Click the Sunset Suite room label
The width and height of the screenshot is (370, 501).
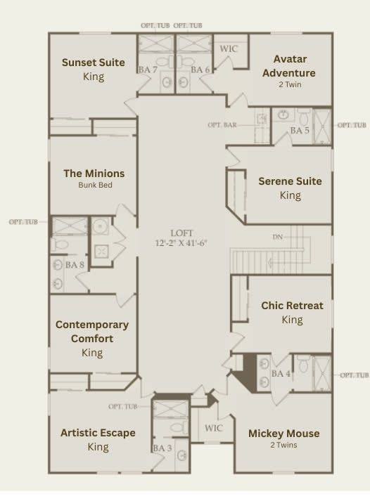tap(93, 63)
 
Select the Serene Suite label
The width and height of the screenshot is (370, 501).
tap(290, 181)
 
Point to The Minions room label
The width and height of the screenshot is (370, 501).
tap(94, 173)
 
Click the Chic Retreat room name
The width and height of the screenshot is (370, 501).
tap(292, 306)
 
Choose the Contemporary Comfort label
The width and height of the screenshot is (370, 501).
tap(92, 332)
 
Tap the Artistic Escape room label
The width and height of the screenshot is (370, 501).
tap(98, 433)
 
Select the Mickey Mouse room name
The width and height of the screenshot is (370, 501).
tap(283, 433)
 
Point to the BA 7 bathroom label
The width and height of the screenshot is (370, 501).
tap(148, 70)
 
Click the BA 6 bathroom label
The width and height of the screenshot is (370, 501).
tap(200, 70)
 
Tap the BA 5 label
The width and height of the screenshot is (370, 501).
tap(300, 131)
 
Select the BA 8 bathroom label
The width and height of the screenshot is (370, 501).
tap(75, 265)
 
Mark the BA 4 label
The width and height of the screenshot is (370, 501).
tap(281, 374)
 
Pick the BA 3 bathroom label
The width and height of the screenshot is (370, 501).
tap(162, 448)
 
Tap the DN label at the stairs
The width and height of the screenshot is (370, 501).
tap(278, 237)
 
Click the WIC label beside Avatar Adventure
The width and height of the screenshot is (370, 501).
tap(229, 48)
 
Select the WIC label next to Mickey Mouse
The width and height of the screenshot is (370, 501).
tap(213, 428)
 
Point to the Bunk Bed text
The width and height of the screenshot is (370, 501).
tap(95, 186)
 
